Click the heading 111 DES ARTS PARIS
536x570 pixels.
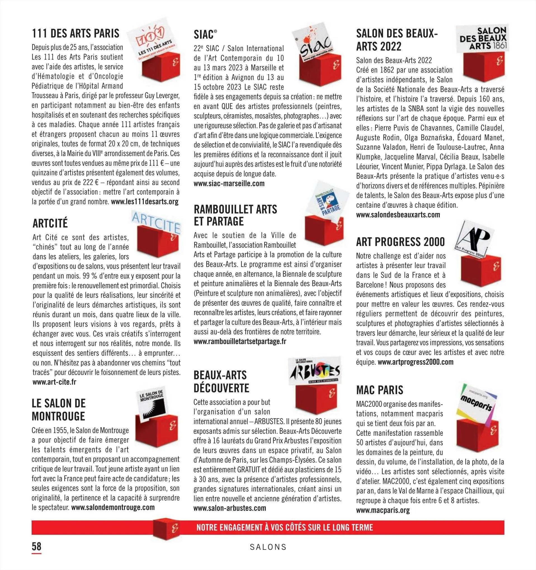pyautogui.click(x=75, y=34)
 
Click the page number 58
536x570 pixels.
pyautogui.click(x=36, y=546)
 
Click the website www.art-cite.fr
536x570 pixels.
pyautogui.click(x=55, y=382)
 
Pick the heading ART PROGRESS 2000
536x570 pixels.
pyautogui.click(x=400, y=242)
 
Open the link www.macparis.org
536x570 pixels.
pyautogui.click(x=383, y=510)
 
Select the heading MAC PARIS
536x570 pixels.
pyautogui.click(x=380, y=390)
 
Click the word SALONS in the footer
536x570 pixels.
pyautogui.click(x=268, y=547)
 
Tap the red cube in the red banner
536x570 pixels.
pyautogui.click(x=166, y=528)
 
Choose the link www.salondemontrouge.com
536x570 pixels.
pyautogui.click(x=113, y=507)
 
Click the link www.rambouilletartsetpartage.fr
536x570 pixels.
pyautogui.click(x=240, y=342)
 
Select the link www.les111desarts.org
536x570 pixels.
pyautogui.click(x=145, y=202)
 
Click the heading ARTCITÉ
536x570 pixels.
pyautogui.click(x=50, y=223)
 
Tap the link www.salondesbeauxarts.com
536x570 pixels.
pyautogui.click(x=398, y=215)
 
